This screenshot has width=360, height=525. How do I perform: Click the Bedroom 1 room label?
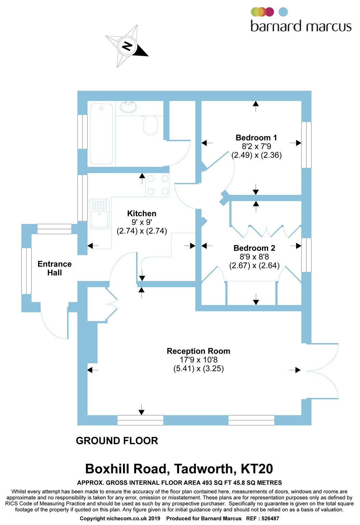256,138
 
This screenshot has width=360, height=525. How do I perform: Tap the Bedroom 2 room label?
254,248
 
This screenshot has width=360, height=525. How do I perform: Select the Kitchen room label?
142,214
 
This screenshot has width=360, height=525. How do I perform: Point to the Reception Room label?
198,351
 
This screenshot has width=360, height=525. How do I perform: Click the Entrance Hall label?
54,268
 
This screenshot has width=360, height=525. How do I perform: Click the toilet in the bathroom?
150,125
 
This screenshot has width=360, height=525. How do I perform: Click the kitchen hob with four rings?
158,185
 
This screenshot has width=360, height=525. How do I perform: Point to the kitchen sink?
99,214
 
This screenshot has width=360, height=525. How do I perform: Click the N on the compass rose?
127,46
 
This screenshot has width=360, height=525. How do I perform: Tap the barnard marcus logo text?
301,26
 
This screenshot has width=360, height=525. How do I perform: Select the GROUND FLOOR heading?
117,441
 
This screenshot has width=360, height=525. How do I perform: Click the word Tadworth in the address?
205,469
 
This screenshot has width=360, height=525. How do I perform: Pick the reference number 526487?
270,519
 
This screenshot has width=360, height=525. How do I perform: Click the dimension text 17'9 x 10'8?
198,360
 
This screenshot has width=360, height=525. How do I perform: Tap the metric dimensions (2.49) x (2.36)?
256,155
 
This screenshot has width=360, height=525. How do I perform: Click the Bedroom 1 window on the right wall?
306,145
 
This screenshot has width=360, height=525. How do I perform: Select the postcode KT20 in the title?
257,469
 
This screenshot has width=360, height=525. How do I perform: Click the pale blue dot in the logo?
283,12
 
